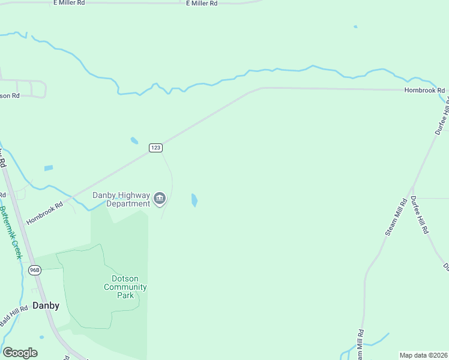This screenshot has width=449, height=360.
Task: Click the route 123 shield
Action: coord(155,148)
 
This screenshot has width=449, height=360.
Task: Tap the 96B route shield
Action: coord(34,271)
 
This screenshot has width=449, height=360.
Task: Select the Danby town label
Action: coord(46,305)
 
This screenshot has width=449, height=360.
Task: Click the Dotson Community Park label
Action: coord(125,287)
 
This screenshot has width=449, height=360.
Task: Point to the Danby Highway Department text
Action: coord(120,199)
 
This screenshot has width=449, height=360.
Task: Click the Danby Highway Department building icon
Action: coord(160,199)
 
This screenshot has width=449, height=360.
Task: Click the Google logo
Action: coord(20,353)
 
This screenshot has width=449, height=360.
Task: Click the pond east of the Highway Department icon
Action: coord(194,200)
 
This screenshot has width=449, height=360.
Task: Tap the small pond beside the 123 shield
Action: coord(134,141)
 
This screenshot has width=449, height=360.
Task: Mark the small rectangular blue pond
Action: coord(49,168)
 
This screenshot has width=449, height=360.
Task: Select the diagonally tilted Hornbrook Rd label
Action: coord(44,213)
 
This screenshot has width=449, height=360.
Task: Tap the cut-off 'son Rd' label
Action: coord(10,95)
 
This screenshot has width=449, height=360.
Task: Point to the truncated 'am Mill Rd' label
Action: coord(360,345)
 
